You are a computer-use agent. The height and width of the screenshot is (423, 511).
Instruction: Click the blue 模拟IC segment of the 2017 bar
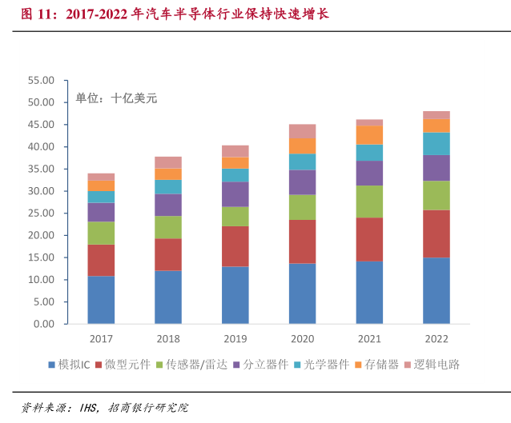[x=101, y=300]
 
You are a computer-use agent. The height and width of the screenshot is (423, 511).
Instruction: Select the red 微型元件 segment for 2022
[x=437, y=233]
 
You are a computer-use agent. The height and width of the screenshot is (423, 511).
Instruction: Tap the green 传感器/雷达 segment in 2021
[x=369, y=202]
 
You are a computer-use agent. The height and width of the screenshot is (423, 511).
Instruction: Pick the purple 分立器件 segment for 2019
[x=235, y=194]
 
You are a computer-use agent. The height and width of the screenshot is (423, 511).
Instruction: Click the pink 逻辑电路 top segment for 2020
[x=302, y=131]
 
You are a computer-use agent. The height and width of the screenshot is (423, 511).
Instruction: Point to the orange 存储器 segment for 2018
[x=168, y=174]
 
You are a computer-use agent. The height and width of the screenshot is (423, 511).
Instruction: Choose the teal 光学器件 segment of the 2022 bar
[x=437, y=143]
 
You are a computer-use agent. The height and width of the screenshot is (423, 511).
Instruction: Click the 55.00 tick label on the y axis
[x=40, y=81]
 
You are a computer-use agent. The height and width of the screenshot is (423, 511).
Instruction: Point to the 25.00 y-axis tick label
[x=40, y=213]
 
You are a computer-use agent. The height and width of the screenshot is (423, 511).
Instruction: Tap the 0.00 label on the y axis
[x=43, y=325]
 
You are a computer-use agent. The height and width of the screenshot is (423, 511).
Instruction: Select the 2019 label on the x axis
[x=235, y=339]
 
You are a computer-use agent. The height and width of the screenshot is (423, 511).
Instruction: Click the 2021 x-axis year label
[x=369, y=339]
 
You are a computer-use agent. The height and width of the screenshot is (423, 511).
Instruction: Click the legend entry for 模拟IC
[x=74, y=365]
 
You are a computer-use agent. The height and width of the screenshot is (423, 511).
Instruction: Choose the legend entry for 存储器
[x=376, y=365]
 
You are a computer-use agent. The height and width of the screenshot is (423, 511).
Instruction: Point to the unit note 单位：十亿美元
[x=117, y=98]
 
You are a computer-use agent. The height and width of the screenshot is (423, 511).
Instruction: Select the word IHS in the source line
[x=89, y=408]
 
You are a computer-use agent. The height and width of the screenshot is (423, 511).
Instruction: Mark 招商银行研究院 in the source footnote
[x=149, y=408]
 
